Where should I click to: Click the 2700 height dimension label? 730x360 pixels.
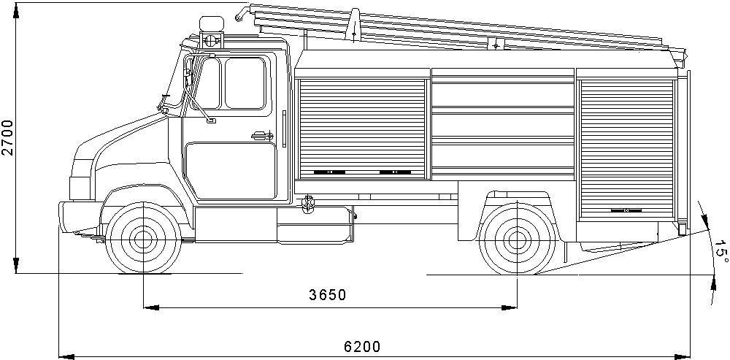pos(8,137)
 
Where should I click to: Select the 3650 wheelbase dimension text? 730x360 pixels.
pos(328,295)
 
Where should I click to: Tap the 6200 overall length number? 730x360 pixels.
pos(362,347)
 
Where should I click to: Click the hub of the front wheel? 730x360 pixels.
pos(143,240)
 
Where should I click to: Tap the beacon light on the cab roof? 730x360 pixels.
pos(211,24)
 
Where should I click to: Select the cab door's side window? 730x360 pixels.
pos(245,83)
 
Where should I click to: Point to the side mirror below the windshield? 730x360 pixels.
pos(211,121)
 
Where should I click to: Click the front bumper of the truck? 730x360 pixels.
pos(79,216)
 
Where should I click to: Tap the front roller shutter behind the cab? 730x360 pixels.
pos(362,129)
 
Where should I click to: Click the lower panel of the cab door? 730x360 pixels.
pos(231,170)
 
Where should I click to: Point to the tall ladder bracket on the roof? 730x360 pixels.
pos(354,26)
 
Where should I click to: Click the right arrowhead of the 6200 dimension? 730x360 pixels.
pos(682,356)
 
